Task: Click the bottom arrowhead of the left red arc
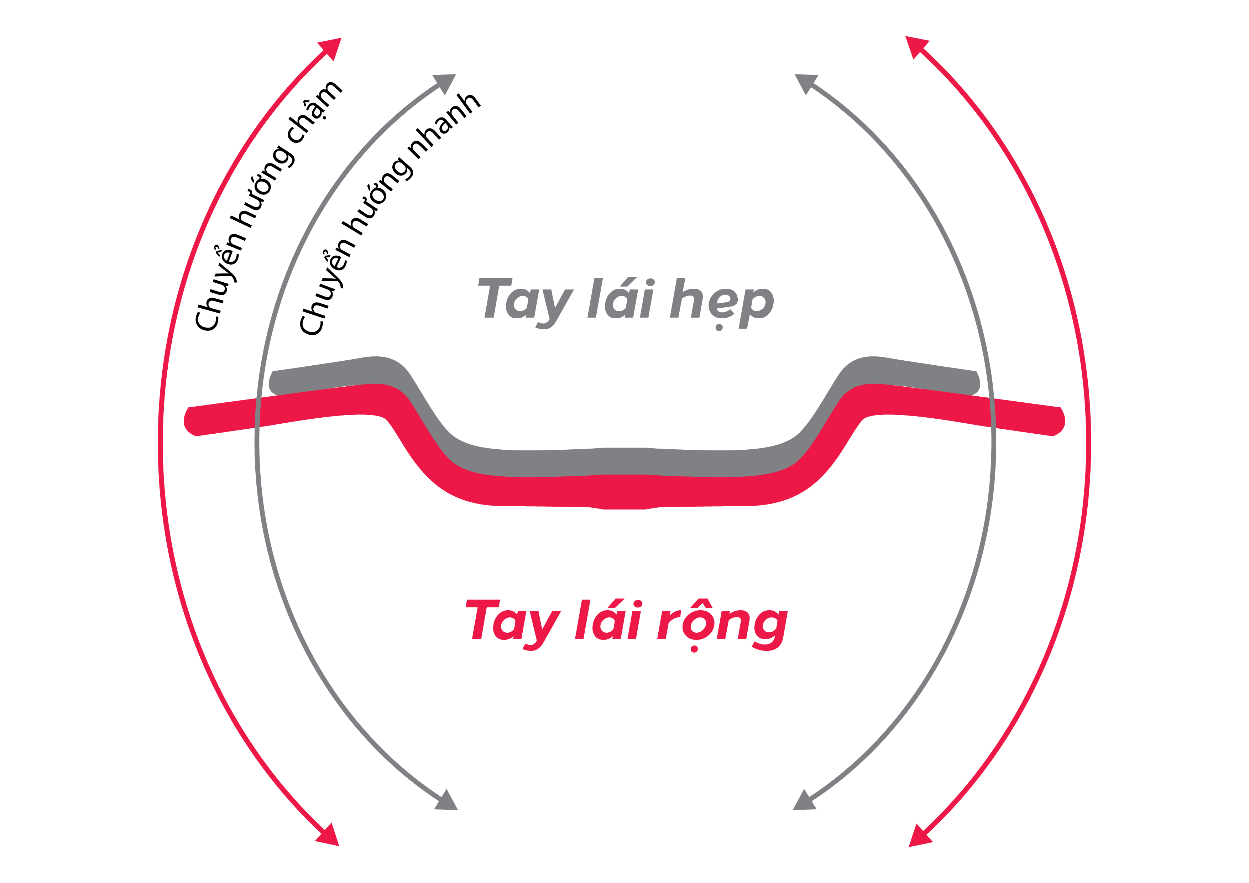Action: [329, 837]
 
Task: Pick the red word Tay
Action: [513, 622]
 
